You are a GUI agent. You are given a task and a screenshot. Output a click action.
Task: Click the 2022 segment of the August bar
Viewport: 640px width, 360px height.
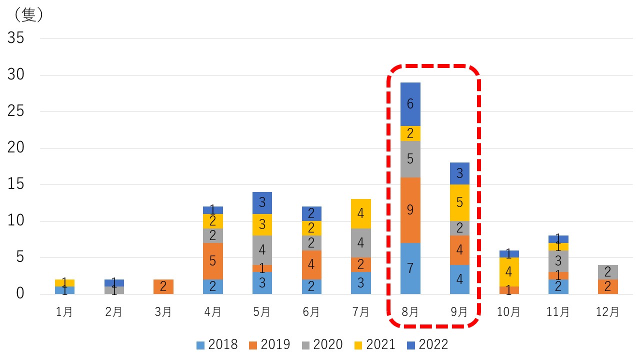(410, 104)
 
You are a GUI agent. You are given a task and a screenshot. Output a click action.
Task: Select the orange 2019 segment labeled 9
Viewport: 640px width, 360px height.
(410, 210)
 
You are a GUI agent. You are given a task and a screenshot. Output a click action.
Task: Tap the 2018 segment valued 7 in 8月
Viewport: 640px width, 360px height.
(410, 268)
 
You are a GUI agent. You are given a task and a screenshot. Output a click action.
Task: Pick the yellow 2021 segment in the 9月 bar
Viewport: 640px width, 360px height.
(459, 202)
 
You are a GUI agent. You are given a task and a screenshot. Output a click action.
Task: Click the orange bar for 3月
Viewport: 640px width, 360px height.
(163, 286)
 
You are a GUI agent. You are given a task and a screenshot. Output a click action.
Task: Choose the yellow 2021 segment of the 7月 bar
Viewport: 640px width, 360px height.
(360, 213)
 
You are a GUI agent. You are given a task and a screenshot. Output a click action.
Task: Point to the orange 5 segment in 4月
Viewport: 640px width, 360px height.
(213, 261)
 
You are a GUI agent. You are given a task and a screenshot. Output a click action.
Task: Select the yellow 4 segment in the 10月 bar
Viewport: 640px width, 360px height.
(508, 272)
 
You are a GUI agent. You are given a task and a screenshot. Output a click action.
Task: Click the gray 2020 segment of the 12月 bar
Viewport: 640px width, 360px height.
(608, 272)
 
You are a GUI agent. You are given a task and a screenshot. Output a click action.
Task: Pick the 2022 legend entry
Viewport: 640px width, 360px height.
(427, 344)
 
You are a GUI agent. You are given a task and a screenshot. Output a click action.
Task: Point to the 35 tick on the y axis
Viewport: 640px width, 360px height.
(16, 38)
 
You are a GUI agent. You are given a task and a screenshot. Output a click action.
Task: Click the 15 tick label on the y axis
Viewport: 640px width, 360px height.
(16, 184)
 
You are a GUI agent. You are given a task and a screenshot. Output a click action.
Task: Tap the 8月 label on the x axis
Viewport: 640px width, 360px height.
(410, 312)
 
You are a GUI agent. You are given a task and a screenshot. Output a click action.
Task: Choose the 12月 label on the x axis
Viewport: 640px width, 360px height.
(608, 312)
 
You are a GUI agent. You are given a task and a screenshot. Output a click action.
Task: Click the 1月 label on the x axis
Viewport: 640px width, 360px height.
(64, 312)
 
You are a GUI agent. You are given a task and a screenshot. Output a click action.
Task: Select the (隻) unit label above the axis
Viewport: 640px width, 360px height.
(29, 15)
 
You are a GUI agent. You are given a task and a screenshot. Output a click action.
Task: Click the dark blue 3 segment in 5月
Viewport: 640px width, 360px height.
(262, 202)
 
